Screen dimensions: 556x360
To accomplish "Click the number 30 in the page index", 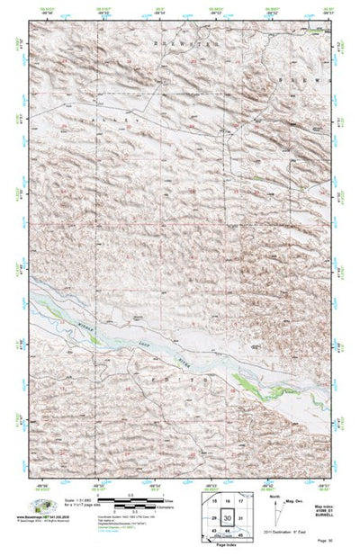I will click(x=228, y=519).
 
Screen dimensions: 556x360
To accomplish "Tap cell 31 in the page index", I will click(x=241, y=519).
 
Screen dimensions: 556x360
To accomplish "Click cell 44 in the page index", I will click(x=228, y=533).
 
